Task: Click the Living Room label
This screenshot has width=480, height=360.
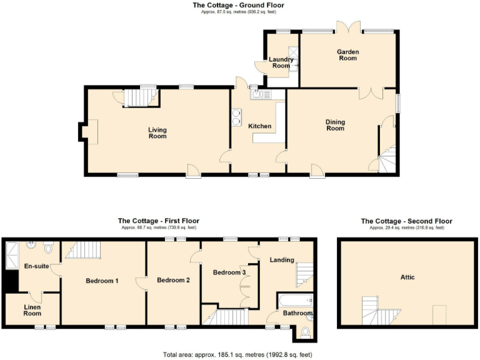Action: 157,132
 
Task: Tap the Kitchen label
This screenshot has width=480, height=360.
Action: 260,126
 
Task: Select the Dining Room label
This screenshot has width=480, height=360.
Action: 335,125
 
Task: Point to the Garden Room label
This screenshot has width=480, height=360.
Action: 347,55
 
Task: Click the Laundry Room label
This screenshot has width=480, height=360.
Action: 281,62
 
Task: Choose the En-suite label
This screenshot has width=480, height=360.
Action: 36,266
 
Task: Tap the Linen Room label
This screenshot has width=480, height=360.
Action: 32,310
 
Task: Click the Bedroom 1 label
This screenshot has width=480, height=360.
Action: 102,281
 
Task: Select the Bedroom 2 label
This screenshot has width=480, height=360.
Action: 173,280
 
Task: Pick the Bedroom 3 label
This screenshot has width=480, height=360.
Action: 229,272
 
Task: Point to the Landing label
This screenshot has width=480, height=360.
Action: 281,260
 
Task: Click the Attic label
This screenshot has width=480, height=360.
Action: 407,277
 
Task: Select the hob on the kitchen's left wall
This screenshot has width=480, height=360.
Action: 237,117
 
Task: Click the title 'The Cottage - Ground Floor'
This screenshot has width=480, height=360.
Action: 238,5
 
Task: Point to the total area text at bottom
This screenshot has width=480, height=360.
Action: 237,354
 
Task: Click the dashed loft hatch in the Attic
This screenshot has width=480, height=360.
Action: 439,314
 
